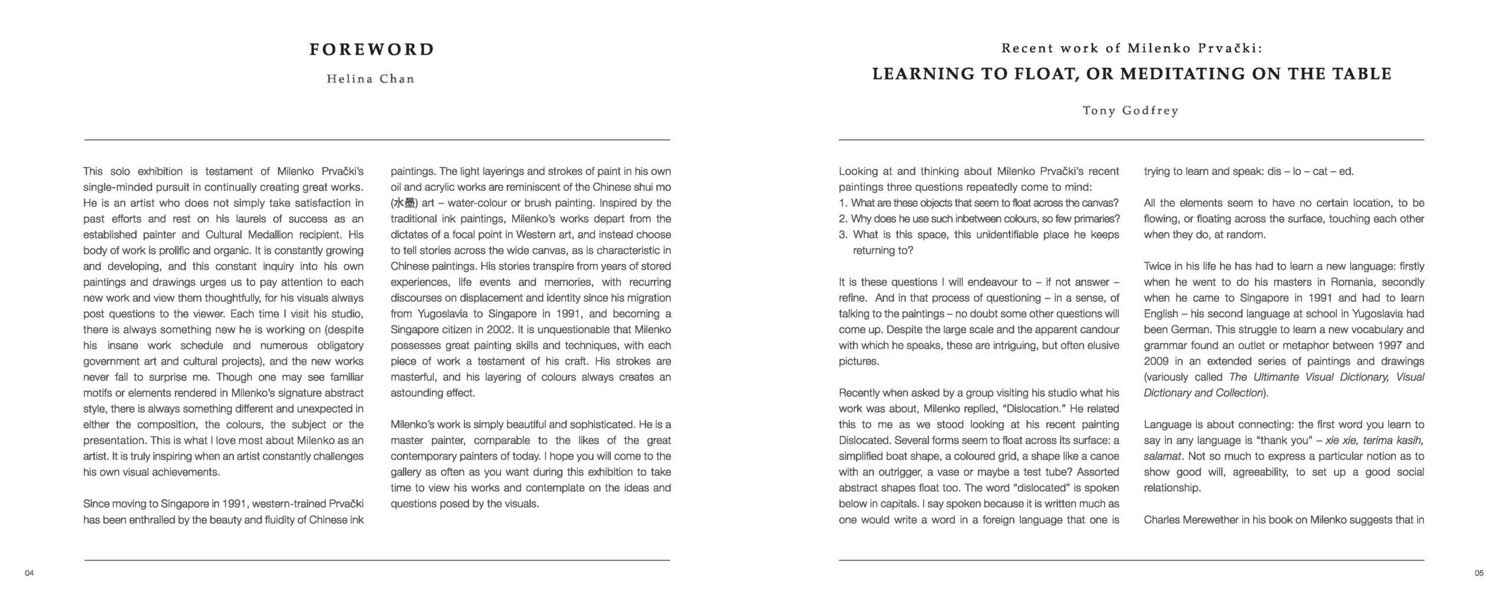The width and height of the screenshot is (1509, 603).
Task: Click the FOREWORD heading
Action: [372, 49]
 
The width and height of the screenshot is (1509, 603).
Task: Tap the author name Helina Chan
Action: [371, 79]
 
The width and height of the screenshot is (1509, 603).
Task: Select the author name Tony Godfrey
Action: [1131, 111]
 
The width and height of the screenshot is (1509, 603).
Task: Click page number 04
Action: [29, 573]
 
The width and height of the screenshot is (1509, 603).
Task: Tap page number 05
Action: [1479, 573]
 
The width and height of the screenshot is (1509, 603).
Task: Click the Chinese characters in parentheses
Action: [404, 203]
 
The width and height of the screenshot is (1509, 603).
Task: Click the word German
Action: [1165, 330]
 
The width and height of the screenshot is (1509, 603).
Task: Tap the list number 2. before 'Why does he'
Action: [843, 219]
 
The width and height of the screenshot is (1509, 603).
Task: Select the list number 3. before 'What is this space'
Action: [843, 235]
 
